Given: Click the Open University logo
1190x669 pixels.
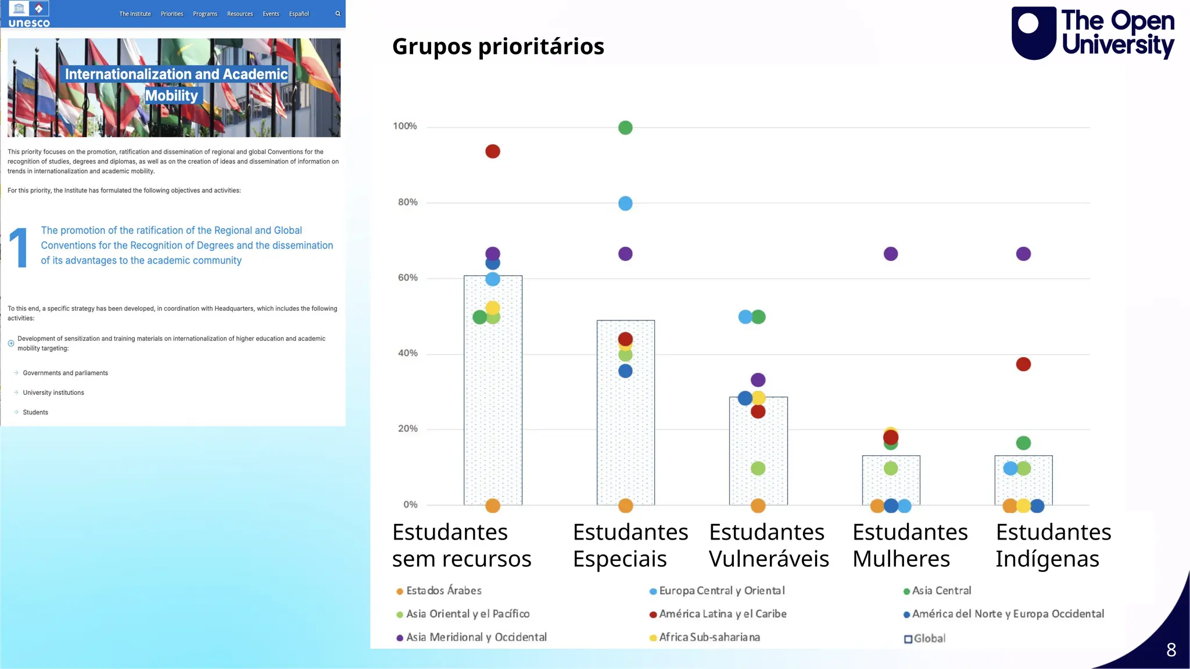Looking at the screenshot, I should click(1092, 33).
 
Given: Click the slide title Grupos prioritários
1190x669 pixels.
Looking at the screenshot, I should click(498, 46).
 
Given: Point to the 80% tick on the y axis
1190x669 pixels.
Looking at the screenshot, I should click(407, 202).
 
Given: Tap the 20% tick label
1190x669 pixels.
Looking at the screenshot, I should click(407, 429).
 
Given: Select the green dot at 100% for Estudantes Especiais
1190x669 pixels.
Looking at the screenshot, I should click(625, 128).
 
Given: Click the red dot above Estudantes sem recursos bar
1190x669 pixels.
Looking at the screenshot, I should click(492, 152).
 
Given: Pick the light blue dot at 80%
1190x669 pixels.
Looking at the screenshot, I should click(625, 203).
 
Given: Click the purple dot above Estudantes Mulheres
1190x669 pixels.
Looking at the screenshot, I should click(890, 254).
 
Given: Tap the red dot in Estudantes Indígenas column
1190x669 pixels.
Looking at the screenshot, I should click(1023, 364).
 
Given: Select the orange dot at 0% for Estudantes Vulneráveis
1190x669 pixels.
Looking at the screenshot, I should click(758, 506).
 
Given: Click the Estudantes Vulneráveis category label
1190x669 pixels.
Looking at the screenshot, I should click(768, 545).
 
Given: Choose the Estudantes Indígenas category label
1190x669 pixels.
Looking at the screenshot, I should click(1053, 545).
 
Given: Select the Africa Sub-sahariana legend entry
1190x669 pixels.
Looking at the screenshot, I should click(709, 637).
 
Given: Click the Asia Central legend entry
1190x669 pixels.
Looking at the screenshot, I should click(941, 591).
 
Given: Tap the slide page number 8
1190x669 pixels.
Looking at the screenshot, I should click(1171, 650).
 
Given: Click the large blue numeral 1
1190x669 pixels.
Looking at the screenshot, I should click(19, 248).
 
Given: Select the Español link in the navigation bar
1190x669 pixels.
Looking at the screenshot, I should click(299, 14).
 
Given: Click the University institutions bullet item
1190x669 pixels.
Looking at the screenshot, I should click(53, 393).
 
